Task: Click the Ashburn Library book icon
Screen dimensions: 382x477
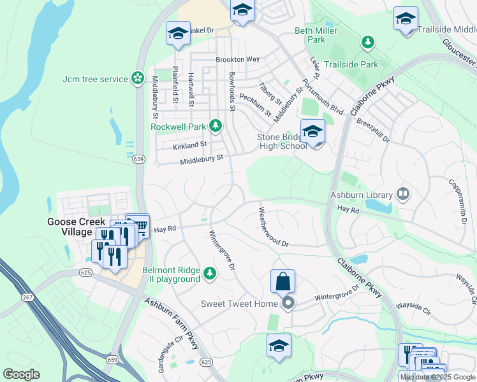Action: pos(402,193)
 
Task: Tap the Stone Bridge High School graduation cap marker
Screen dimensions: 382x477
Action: pos(312,132)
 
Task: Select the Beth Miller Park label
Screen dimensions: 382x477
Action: pos(310,35)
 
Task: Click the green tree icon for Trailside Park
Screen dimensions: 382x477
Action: pos(367,43)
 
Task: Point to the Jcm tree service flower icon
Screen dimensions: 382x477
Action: pos(137,78)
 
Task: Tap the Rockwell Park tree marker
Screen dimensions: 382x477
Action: pos(216,125)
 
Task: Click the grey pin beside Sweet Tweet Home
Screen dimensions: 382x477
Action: pos(288,303)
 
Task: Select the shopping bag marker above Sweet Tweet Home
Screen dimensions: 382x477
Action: pos(283,281)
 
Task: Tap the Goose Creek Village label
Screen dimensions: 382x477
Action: pos(70,227)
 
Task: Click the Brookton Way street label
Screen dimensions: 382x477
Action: pos(237,59)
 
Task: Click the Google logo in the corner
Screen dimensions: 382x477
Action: pos(21,374)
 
